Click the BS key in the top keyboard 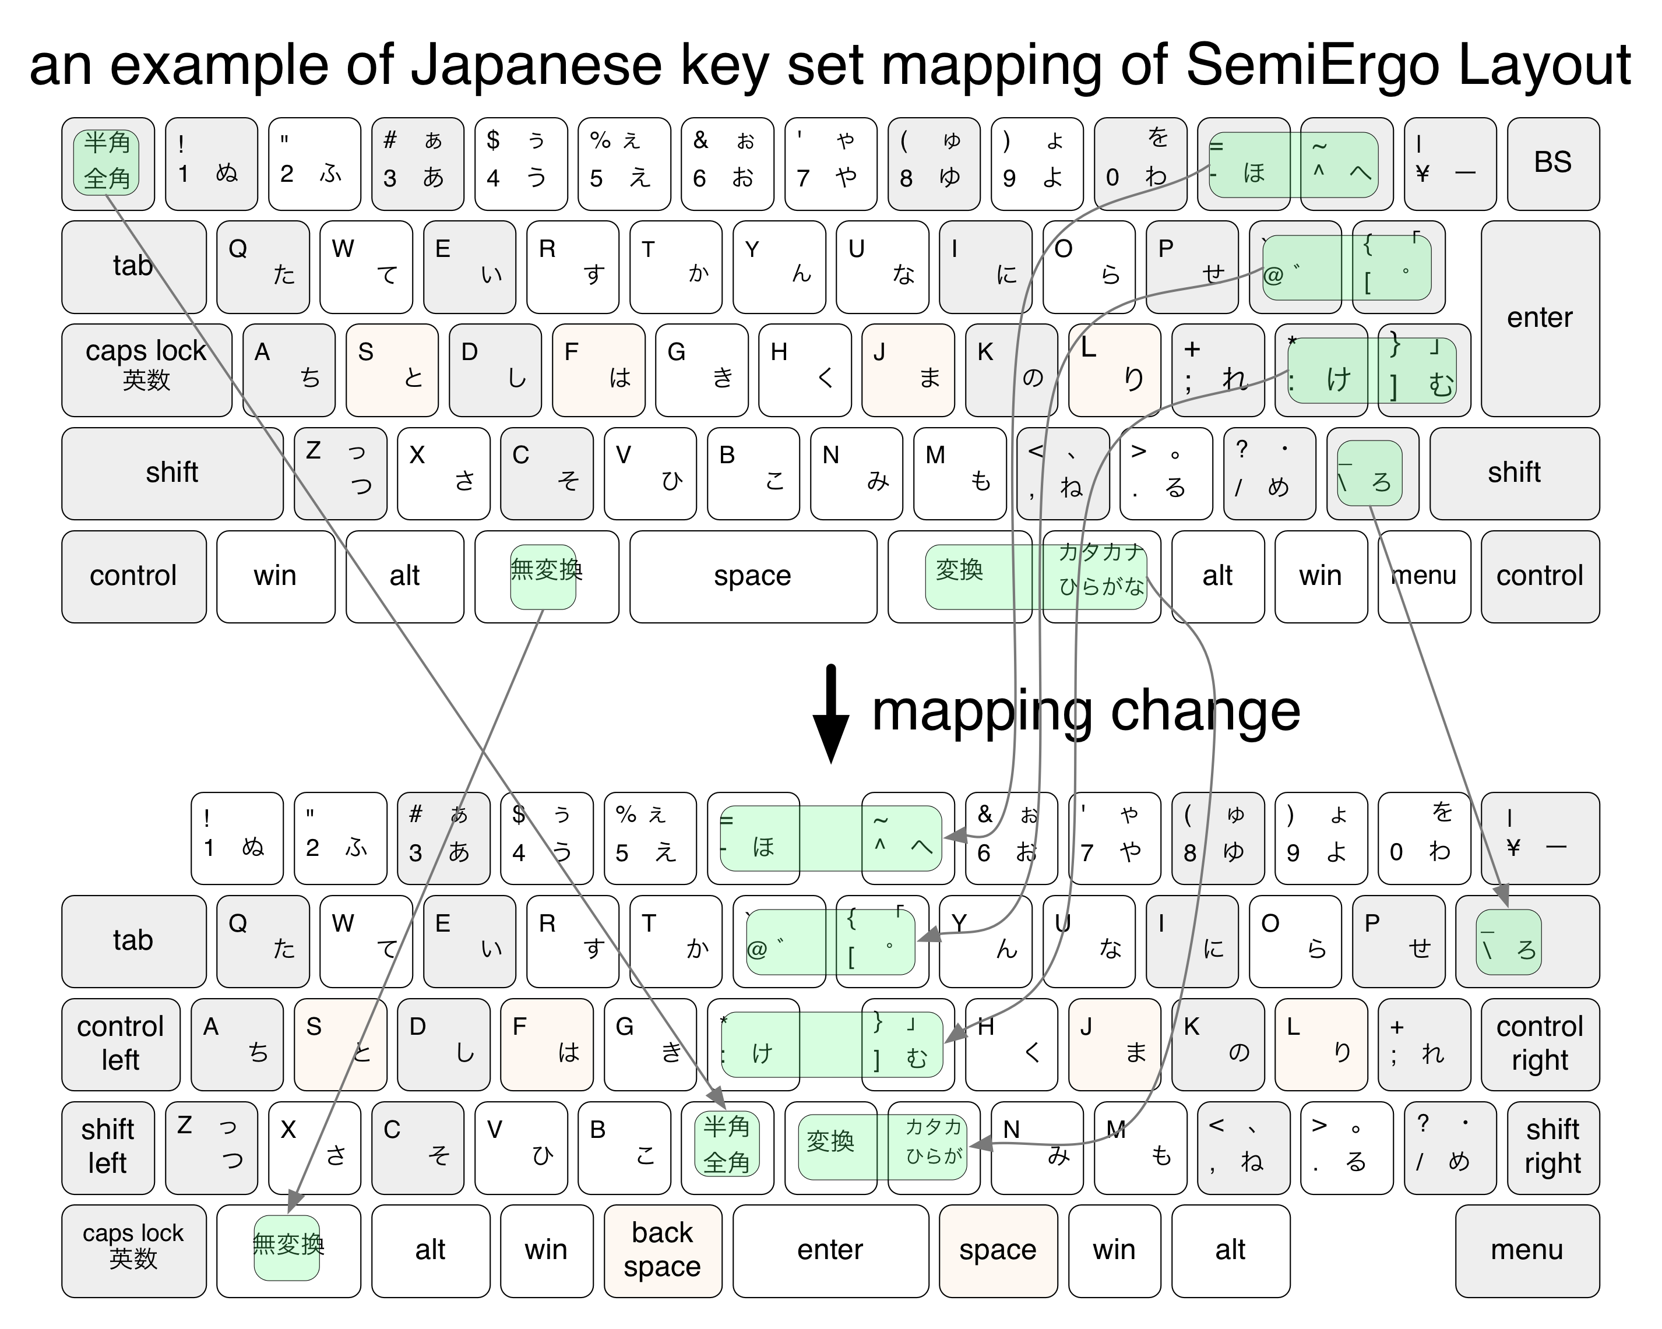[x=1552, y=163]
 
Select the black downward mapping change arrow [x=830, y=713]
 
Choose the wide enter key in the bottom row [x=830, y=1250]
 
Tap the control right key [x=1540, y=1044]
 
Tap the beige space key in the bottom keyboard [x=998, y=1250]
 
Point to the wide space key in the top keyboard [x=752, y=576]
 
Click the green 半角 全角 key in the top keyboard [x=107, y=162]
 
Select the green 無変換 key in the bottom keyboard [x=287, y=1246]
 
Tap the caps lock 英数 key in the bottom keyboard [x=133, y=1250]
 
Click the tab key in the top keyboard [x=133, y=267]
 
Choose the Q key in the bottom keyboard [x=262, y=940]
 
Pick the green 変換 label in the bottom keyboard [x=831, y=1141]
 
